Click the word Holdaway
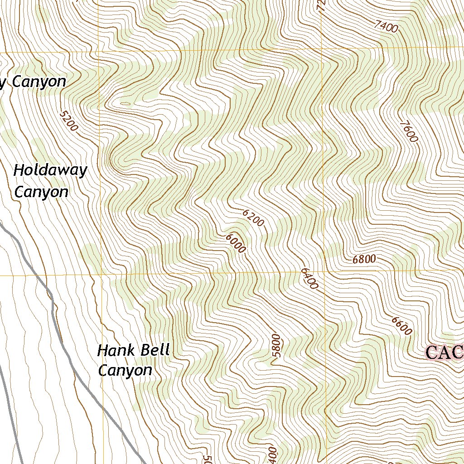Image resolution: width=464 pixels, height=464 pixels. click(50, 171)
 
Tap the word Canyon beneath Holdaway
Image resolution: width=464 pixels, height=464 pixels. click(41, 192)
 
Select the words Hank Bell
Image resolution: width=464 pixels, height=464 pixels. click(133, 350)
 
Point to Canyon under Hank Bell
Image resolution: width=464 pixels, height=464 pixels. click(125, 371)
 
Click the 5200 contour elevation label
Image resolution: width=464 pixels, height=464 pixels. click(69, 121)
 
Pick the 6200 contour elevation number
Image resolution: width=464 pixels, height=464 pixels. click(253, 218)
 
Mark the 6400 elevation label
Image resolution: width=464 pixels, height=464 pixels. click(309, 278)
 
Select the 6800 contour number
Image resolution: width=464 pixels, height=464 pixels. click(364, 260)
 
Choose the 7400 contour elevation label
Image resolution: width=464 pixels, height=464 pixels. click(386, 27)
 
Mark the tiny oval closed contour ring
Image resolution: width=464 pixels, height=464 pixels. click(125, 104)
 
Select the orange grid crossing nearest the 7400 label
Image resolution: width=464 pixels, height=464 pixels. click(321, 49)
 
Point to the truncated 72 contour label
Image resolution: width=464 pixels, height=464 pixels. click(321, 5)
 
